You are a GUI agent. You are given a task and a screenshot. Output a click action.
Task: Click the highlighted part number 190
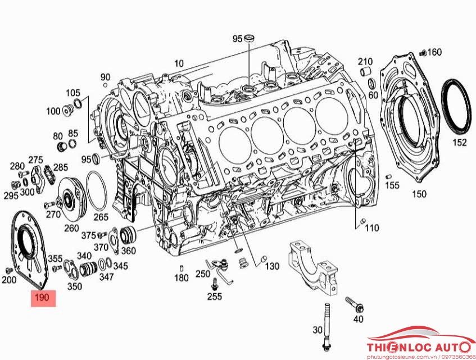[x=43, y=298]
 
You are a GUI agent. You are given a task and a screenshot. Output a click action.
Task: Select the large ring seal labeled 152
[x=456, y=107]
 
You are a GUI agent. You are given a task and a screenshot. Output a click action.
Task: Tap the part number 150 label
[x=419, y=194]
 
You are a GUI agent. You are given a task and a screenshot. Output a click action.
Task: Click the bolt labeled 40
[x=355, y=304]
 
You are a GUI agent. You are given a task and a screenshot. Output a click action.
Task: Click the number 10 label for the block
[x=179, y=63]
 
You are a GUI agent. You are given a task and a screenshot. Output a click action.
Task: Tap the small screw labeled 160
[x=421, y=54]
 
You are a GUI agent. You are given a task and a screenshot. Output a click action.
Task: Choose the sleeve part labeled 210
[x=365, y=72]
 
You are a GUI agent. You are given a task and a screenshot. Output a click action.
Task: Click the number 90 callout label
[x=106, y=77]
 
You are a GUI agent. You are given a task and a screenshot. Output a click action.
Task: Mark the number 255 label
[x=215, y=296]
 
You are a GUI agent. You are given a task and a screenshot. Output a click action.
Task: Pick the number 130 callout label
[x=272, y=266]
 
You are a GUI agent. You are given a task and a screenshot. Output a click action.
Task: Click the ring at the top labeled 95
[x=249, y=38]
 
